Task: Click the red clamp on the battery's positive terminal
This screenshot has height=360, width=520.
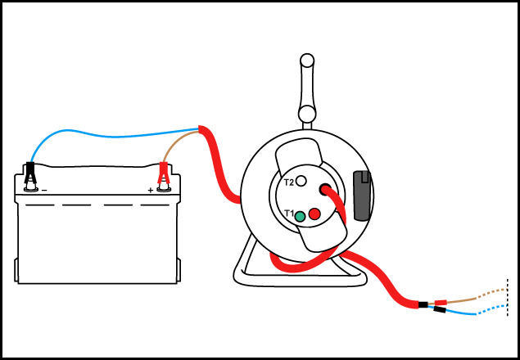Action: click(x=163, y=174)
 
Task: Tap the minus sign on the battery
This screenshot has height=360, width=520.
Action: click(x=44, y=191)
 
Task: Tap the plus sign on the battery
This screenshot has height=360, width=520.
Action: click(x=151, y=191)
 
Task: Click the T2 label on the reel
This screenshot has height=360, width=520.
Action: click(x=287, y=182)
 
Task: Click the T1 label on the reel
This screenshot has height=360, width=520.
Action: click(x=287, y=214)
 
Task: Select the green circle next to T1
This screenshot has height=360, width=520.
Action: click(x=301, y=216)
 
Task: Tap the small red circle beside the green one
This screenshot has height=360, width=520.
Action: click(x=314, y=214)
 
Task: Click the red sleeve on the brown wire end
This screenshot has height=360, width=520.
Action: click(x=441, y=302)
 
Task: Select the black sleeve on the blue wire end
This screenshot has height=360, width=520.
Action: click(x=440, y=310)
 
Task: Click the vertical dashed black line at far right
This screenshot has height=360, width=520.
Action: click(x=509, y=299)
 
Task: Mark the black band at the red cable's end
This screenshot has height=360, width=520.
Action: click(x=423, y=305)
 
